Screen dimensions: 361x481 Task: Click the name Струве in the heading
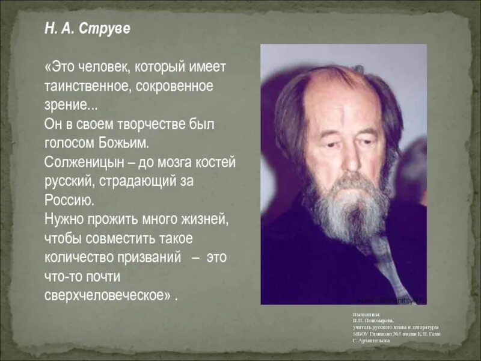(107, 29)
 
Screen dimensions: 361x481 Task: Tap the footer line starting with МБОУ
(397, 333)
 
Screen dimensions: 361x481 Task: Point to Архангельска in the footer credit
(373, 341)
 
